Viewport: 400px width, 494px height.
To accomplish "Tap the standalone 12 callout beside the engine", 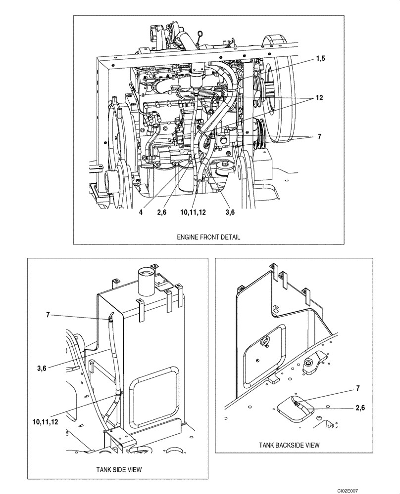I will (x=320, y=98).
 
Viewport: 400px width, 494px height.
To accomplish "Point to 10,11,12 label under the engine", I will (x=195, y=212).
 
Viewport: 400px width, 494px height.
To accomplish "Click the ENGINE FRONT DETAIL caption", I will (x=208, y=237).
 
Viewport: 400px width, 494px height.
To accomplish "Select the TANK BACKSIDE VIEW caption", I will (x=289, y=445).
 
